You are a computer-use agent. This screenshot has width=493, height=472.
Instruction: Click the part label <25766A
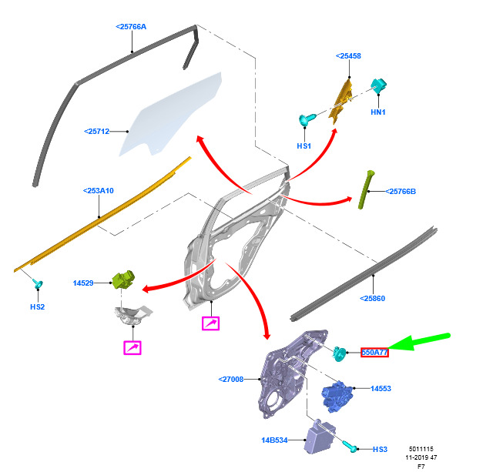(x=131, y=27)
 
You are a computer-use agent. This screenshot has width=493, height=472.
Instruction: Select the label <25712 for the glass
(x=97, y=132)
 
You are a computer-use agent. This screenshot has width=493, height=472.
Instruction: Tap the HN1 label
(x=378, y=112)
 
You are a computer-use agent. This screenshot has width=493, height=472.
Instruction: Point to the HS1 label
(x=304, y=146)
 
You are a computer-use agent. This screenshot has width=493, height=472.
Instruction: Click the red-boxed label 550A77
(x=374, y=353)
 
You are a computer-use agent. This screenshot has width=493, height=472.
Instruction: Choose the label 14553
(x=381, y=389)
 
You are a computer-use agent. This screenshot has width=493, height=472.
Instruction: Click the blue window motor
(x=337, y=395)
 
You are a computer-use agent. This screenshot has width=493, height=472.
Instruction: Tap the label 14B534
(x=274, y=440)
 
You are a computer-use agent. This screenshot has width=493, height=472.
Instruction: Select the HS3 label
(x=380, y=450)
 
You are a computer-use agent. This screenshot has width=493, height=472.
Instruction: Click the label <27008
(x=231, y=380)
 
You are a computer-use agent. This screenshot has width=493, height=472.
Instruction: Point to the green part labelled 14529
(x=123, y=280)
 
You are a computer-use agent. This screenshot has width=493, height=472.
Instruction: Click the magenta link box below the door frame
(x=210, y=323)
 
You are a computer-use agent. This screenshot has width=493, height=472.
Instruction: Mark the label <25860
(x=373, y=298)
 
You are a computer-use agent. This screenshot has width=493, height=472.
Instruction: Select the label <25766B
(x=401, y=192)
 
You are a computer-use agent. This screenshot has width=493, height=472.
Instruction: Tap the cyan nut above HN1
(x=378, y=85)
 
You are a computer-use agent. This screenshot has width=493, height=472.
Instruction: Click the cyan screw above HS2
(x=39, y=284)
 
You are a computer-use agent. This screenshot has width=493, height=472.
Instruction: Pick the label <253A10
(x=99, y=191)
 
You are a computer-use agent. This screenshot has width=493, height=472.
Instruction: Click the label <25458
(x=348, y=56)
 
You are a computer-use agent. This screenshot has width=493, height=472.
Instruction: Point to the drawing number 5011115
(x=421, y=449)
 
